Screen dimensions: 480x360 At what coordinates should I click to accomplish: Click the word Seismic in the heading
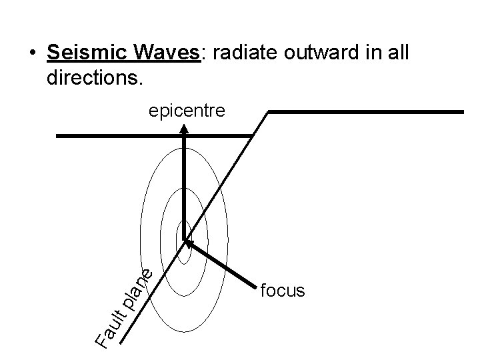tap(88, 53)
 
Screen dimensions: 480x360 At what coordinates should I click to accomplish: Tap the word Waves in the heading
tap(167, 53)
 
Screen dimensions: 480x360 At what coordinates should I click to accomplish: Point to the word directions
tap(95, 78)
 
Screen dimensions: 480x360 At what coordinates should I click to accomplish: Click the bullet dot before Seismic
tap(31, 54)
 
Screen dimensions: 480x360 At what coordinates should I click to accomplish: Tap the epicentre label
tap(187, 111)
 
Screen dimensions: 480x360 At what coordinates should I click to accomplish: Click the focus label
tap(283, 291)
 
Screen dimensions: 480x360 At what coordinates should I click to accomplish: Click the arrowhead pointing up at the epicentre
tap(184, 133)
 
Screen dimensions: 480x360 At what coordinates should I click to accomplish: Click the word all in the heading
tap(409, 53)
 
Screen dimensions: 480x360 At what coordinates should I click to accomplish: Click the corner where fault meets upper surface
tap(268, 112)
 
